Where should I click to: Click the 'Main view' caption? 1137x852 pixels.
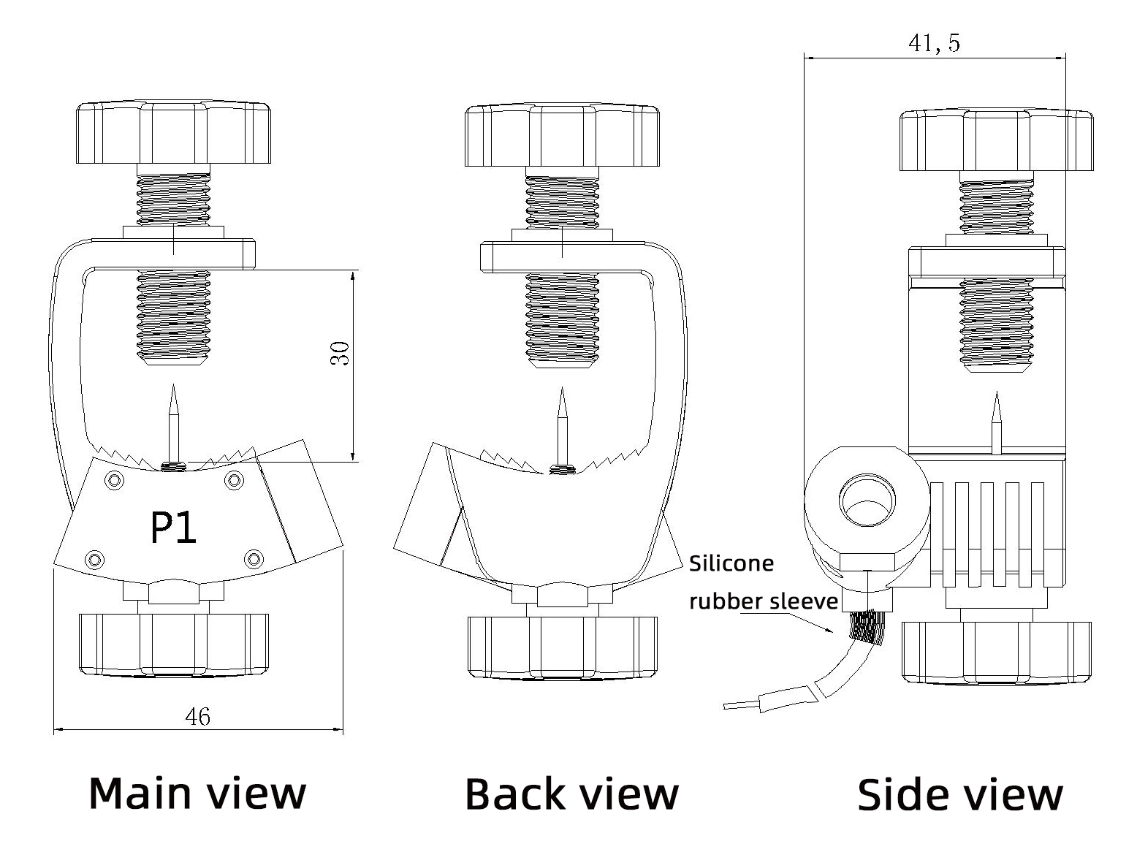click(197, 793)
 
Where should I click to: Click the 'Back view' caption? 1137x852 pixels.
click(571, 794)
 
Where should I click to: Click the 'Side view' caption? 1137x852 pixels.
click(959, 794)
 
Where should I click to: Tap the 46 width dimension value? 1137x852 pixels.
click(197, 717)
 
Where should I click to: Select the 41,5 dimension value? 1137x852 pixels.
click(934, 43)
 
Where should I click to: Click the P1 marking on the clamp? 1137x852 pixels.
click(173, 528)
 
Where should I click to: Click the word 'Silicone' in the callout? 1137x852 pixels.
click(731, 563)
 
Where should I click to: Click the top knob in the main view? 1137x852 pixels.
click(173, 134)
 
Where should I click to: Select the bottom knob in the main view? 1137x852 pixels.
click(173, 644)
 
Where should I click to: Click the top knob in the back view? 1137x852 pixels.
click(562, 136)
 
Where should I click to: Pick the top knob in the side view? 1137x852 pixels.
click(996, 140)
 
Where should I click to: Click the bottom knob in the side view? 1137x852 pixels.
click(996, 653)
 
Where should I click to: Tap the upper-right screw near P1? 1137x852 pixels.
click(234, 479)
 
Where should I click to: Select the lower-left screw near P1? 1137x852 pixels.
click(94, 559)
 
